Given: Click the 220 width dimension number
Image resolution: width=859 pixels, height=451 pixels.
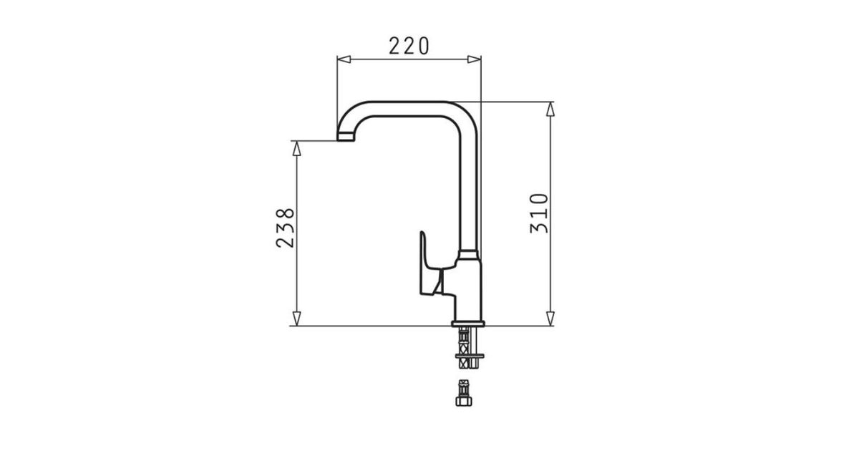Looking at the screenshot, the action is coord(409,46).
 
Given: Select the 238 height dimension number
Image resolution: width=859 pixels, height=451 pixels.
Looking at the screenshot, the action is coord(286,228).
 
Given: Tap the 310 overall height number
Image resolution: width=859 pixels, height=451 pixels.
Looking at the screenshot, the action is coord(539,213).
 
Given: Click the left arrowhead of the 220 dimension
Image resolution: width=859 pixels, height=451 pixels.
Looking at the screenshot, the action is coord(344,59).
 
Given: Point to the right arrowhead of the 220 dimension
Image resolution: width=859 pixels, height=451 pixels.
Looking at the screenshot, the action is coord(474,59).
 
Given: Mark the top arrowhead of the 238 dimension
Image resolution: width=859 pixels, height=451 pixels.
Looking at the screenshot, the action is coord(296,148).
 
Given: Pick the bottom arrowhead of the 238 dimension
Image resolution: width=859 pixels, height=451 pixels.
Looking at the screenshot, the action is coord(296,319).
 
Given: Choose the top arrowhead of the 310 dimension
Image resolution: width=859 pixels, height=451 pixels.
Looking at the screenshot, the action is coord(550,109).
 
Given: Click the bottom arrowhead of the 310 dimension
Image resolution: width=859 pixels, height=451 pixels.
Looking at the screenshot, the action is coord(550,319).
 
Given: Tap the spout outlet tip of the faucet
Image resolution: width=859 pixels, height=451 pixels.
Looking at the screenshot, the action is coord(346,137).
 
